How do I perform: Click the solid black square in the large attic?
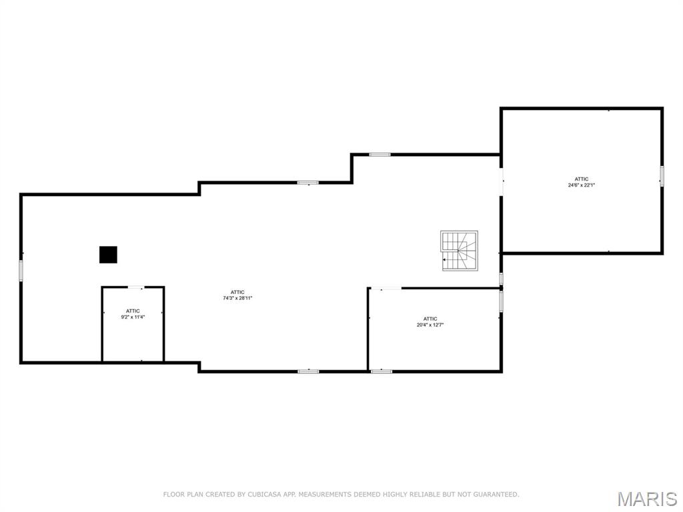point(108,255)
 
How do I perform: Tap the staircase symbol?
point(459,251)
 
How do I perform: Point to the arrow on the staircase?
point(445,260)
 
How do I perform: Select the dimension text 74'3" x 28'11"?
point(237,299)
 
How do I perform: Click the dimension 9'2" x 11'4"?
point(133,317)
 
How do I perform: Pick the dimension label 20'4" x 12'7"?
point(430,325)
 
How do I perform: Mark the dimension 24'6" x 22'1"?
point(582,185)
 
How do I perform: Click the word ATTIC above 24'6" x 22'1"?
point(582,179)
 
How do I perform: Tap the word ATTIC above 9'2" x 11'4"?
point(133,311)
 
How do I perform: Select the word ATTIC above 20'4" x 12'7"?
point(430,319)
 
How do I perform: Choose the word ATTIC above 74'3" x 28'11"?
point(237,292)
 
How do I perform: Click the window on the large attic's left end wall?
point(21,270)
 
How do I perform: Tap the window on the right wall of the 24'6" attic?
point(662,175)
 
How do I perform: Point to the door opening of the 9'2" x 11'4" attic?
point(136,287)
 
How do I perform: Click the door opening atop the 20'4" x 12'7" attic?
point(386,289)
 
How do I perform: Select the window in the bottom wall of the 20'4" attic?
point(382,371)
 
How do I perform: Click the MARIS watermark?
point(646,499)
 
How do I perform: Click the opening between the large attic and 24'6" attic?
point(502,181)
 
